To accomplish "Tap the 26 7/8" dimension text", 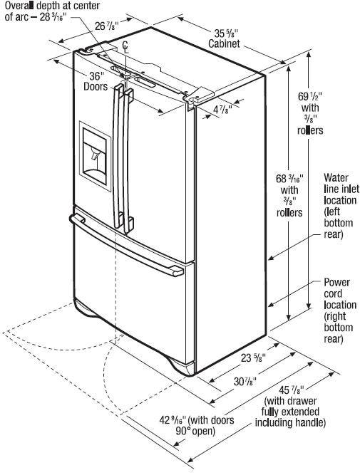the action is (x=107, y=26).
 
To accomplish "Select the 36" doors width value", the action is (x=97, y=75).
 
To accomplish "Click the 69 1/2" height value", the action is (x=310, y=96).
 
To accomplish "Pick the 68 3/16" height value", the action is (x=289, y=179).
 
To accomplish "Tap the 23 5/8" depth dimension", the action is (x=253, y=358).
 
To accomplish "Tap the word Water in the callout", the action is (x=336, y=177).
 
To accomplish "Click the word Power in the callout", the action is (x=336, y=282).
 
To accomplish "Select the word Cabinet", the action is (x=224, y=43).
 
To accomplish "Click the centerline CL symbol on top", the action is (x=125, y=47).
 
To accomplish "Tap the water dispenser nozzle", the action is (x=96, y=155).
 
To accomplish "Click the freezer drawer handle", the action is (x=126, y=244).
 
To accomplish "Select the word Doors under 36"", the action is (x=96, y=87).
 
